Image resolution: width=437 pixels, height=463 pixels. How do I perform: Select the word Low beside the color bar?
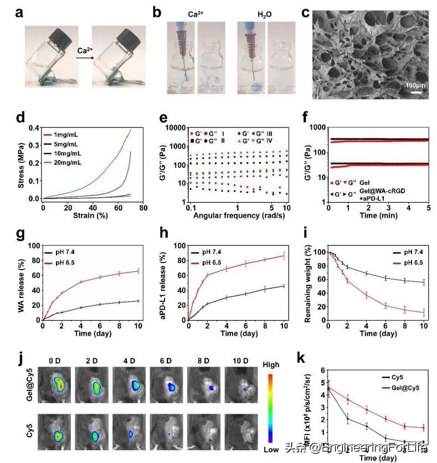[x=271, y=450]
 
